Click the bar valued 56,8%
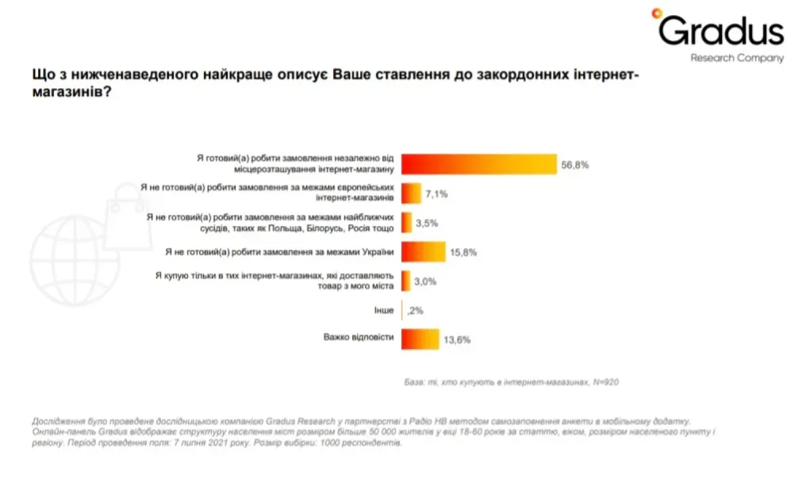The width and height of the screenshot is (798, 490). [479, 163]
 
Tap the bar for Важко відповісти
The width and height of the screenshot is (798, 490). [420, 339]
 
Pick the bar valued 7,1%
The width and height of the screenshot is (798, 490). [411, 193]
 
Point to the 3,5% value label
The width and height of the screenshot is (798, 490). [427, 223]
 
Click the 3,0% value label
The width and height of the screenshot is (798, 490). [425, 281]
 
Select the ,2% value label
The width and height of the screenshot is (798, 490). [415, 310]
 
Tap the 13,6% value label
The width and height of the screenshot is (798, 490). [458, 339]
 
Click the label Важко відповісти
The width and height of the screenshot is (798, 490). [358, 338]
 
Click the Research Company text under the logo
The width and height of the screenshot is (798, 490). [736, 58]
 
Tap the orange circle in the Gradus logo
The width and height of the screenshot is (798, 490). [657, 13]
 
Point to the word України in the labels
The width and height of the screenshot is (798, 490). [378, 251]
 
